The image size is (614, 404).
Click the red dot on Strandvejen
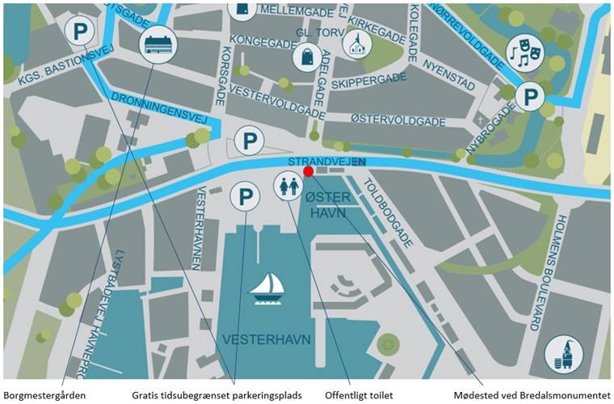click(x=308, y=170)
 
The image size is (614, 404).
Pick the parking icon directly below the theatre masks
click(x=530, y=96)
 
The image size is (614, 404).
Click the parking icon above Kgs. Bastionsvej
click(x=79, y=32)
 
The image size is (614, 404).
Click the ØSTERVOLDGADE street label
click(x=398, y=120)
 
